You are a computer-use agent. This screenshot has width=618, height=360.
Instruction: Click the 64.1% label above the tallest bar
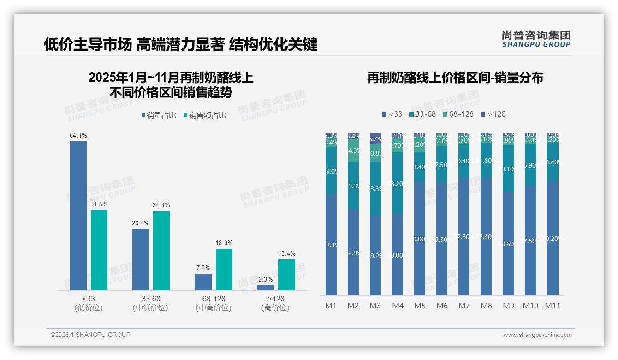tap(78, 136)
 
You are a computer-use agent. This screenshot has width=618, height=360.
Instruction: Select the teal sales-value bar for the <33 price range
tap(99, 250)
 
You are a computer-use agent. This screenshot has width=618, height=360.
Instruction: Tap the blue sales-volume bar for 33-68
tap(141, 259)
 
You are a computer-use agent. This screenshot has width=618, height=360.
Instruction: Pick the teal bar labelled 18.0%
tap(224, 269)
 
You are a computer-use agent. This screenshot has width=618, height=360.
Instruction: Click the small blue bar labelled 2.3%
tap(266, 288)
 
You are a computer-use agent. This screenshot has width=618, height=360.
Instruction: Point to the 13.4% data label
tap(286, 253)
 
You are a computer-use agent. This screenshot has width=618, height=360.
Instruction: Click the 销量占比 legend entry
tap(159, 115)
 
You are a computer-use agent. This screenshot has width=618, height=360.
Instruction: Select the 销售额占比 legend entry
tap(204, 115)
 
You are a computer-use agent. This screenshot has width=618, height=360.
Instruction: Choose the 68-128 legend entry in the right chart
tap(457, 114)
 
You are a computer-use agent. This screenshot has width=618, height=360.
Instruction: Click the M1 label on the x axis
tap(331, 306)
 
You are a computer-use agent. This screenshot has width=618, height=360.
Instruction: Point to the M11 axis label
tap(553, 306)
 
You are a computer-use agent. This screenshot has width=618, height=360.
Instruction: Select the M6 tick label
tap(442, 306)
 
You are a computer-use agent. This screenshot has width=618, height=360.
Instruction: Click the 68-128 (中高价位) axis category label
tap(214, 303)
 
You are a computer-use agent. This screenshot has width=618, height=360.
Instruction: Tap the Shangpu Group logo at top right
tap(536, 39)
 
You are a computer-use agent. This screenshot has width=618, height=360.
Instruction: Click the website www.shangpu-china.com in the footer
tap(537, 335)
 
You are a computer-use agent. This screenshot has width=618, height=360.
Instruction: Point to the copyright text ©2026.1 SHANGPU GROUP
tap(90, 335)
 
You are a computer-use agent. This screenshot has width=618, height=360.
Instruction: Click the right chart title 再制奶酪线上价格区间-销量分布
tap(455, 78)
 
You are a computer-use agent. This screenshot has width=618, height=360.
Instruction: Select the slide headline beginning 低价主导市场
tap(180, 45)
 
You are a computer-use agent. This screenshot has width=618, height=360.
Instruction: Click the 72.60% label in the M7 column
tap(464, 237)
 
